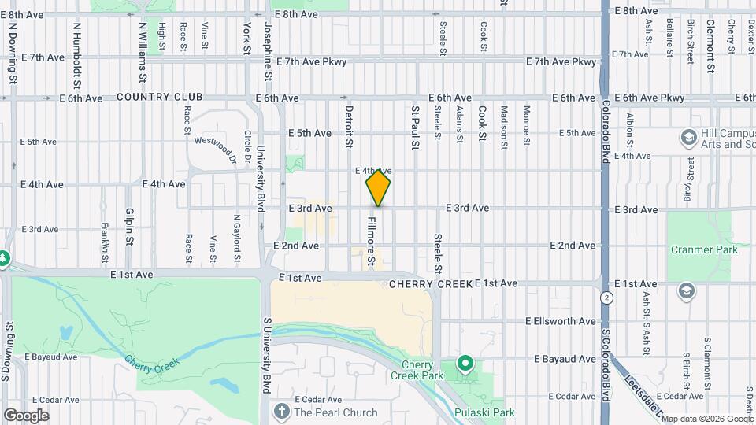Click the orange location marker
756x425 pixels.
pyautogui.click(x=378, y=187)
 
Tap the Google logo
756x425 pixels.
pyautogui.click(x=26, y=415)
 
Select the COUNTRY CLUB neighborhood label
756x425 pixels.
pyautogui.click(x=159, y=97)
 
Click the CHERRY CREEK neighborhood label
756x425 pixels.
pyautogui.click(x=430, y=283)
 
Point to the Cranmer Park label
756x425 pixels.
pyautogui.click(x=704, y=249)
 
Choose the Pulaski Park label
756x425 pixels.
pyautogui.click(x=484, y=412)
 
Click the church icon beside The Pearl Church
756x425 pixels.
pyautogui.click(x=282, y=412)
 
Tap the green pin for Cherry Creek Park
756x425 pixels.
pyautogui.click(x=465, y=364)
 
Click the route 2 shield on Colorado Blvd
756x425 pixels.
pyautogui.click(x=606, y=297)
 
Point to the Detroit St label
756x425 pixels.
pyautogui.click(x=348, y=127)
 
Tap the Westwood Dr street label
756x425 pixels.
pyautogui.click(x=215, y=148)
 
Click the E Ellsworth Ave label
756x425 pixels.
pyautogui.click(x=561, y=321)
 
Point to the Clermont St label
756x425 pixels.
pyautogui.click(x=710, y=46)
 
